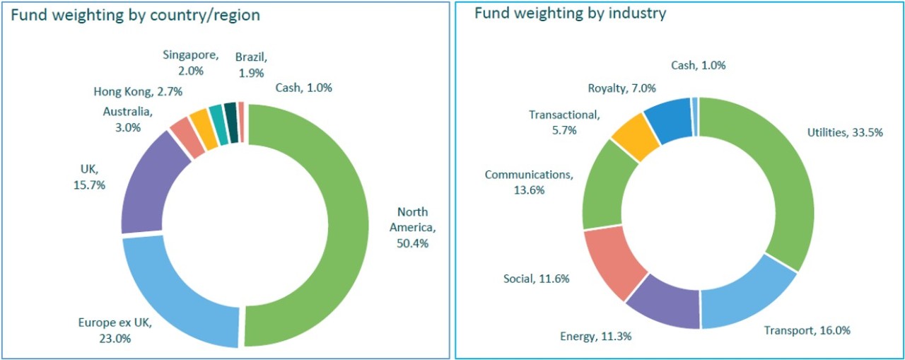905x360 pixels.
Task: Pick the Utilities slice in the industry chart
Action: [x=778, y=177]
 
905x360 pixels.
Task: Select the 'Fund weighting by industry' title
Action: [x=570, y=13]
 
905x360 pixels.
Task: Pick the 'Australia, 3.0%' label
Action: [x=127, y=119]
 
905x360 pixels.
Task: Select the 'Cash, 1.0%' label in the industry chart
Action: [x=698, y=65]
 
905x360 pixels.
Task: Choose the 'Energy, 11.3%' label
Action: [x=595, y=336]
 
